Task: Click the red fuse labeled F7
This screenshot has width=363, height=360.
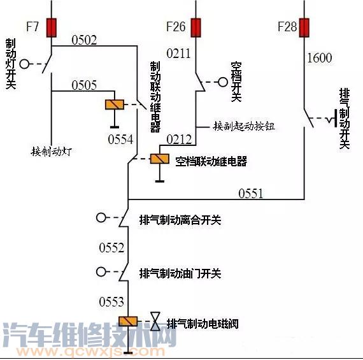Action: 51,27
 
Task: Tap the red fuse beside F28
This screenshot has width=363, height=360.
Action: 304,27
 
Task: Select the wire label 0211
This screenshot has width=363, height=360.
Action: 178,53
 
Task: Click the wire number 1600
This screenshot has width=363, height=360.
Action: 319,58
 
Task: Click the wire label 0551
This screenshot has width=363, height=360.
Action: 251,194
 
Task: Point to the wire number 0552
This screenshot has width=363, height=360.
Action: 111,247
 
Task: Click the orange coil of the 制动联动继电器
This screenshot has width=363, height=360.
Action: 114,106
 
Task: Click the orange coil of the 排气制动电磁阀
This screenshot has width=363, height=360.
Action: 129,322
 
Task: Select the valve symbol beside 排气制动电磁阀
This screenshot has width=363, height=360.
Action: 155,322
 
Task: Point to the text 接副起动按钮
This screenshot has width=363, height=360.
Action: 244,126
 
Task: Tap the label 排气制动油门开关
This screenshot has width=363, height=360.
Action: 180,273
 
